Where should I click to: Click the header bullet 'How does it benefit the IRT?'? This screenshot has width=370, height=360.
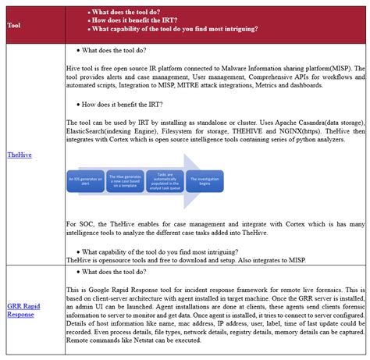140,21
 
